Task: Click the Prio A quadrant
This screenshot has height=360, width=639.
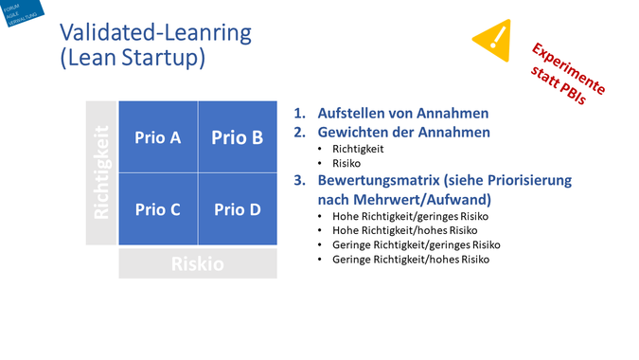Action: pyautogui.click(x=157, y=137)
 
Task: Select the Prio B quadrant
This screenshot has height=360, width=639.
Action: pyautogui.click(x=237, y=137)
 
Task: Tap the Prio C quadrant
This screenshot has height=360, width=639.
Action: pyautogui.click(x=157, y=209)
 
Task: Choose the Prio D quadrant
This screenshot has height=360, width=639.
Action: pyautogui.click(x=237, y=209)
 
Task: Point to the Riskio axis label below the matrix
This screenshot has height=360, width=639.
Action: pyautogui.click(x=197, y=263)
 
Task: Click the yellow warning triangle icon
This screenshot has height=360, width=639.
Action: pyautogui.click(x=492, y=38)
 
